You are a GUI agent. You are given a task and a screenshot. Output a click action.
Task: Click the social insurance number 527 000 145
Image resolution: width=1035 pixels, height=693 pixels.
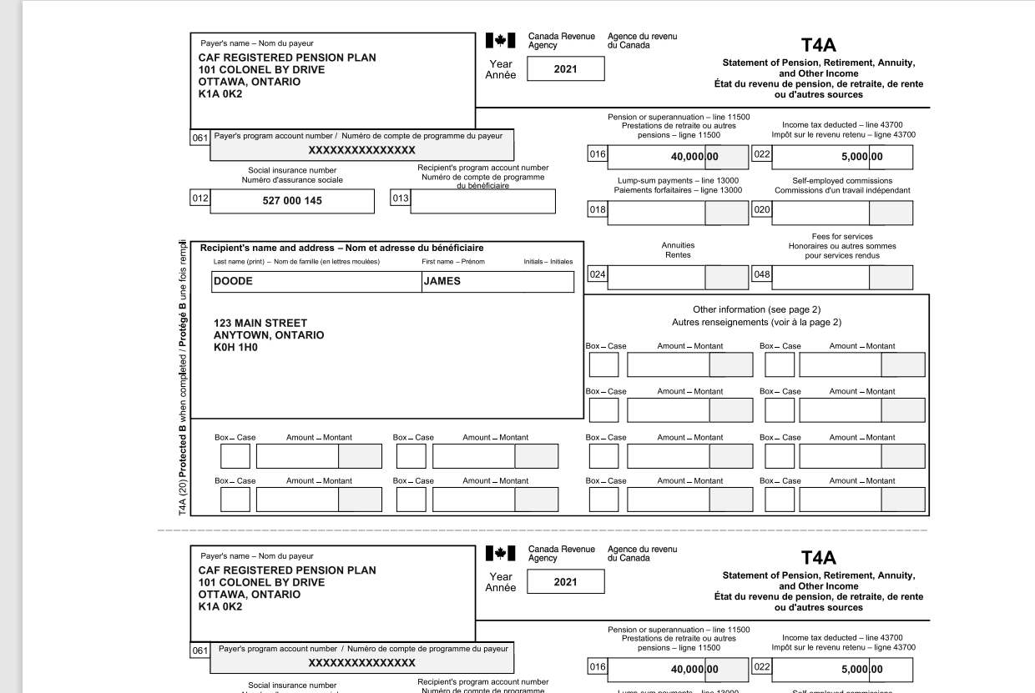292,201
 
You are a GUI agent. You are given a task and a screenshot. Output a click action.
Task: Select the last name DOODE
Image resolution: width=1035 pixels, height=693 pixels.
233,282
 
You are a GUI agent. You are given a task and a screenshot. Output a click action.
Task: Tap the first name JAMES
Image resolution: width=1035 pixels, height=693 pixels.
442,282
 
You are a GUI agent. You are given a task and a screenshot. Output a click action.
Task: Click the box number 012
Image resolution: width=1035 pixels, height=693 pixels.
199,200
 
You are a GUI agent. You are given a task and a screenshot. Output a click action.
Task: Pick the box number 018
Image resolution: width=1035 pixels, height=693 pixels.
598,210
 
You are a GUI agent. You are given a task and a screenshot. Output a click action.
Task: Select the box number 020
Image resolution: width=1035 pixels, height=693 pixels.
761,210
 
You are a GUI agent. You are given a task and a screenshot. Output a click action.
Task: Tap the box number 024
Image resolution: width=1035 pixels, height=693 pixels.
598,274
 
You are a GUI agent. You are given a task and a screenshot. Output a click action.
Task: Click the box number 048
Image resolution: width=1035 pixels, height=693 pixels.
761,274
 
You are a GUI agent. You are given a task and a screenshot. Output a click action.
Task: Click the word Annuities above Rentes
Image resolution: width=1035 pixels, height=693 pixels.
678,246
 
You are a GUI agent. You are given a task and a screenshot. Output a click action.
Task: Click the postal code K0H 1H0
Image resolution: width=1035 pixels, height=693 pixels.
235,347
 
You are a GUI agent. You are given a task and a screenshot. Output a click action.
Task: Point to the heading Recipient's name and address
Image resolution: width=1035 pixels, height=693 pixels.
341,248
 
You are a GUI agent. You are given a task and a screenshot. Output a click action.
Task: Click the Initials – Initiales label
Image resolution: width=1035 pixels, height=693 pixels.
548,262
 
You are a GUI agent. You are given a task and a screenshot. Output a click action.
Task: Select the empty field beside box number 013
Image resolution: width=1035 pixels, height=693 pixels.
482,201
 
